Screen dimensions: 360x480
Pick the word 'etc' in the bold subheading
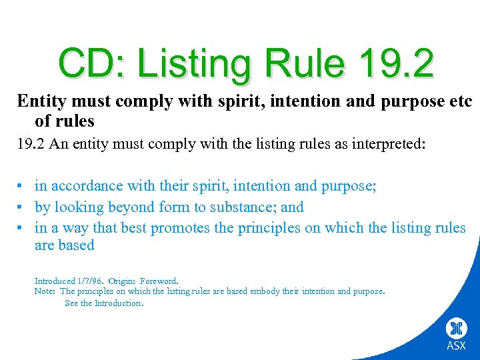[459, 101]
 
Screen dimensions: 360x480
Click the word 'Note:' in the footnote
[45, 291]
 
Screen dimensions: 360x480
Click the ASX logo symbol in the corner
[457, 328]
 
